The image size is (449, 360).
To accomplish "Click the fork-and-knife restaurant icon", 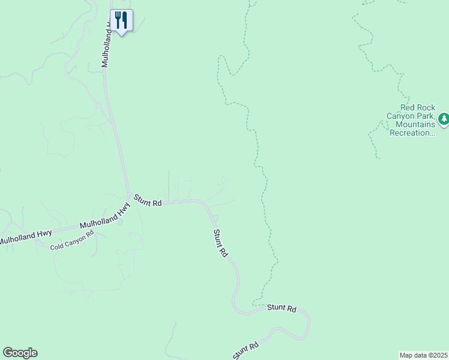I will coord(121,20).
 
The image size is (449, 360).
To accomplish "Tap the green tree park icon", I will coord(444,119).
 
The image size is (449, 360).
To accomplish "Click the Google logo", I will coord(20,353).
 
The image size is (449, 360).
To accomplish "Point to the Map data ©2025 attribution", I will coord(423,355).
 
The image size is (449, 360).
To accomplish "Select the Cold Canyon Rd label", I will coord(72,241).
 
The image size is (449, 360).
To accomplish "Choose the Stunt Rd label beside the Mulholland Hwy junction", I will coord(148,200).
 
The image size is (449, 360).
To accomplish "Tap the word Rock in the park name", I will coord(424,108).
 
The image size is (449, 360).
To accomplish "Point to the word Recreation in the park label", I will coord(411,133).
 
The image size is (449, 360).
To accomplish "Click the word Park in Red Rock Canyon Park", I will coord(425,116).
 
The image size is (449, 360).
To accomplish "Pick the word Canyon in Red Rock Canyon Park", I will coord(400,116).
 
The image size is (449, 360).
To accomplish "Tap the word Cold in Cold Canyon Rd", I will coord(56,246).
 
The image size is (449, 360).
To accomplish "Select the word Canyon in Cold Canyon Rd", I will coord(75,240).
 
